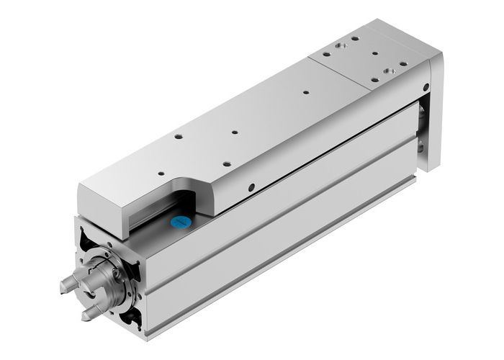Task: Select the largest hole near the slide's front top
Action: point(176,135)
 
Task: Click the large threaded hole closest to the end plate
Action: point(390,71)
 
